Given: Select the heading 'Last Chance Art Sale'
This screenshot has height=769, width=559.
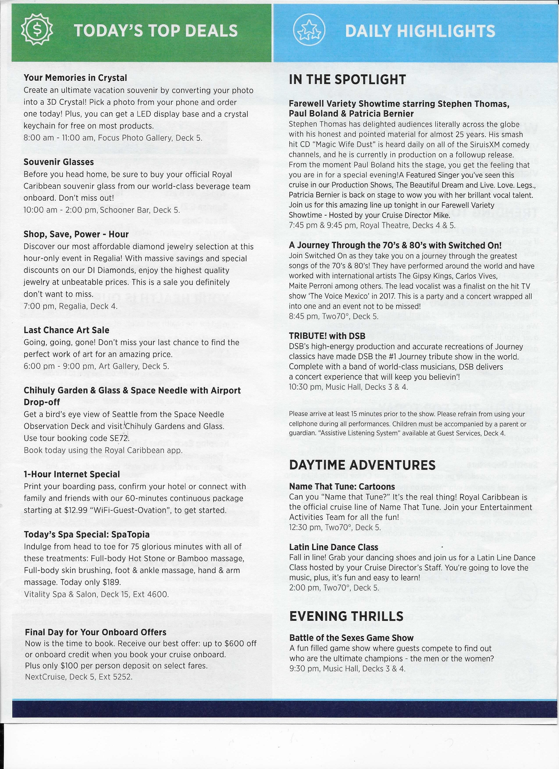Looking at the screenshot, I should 66,330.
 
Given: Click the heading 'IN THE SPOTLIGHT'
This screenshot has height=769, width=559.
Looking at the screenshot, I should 347,80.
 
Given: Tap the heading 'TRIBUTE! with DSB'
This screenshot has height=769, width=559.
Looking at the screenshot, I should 327,336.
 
